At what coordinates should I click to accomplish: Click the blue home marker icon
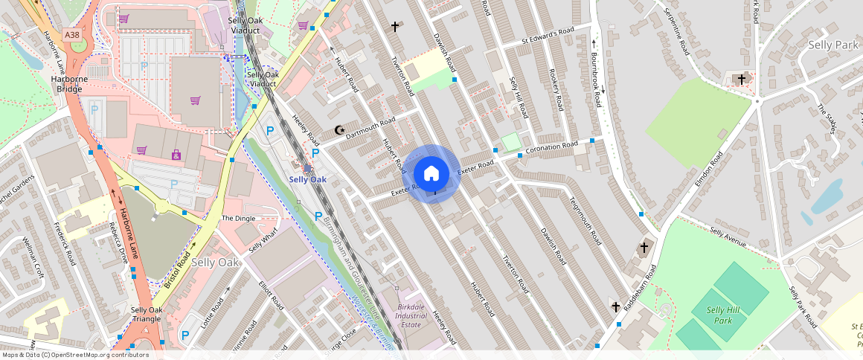[x=431, y=174]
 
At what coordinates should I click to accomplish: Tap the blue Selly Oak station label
[x=307, y=179]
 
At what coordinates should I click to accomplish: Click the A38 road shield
[x=72, y=34]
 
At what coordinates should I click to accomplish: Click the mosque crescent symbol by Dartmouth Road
[x=340, y=131]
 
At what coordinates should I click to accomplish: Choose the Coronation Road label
[x=551, y=148]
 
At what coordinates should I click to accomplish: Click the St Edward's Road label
[x=548, y=35]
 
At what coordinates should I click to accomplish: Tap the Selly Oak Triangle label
[x=146, y=314]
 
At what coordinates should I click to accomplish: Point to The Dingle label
[x=238, y=218]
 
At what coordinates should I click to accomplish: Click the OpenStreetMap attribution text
[x=74, y=355]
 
